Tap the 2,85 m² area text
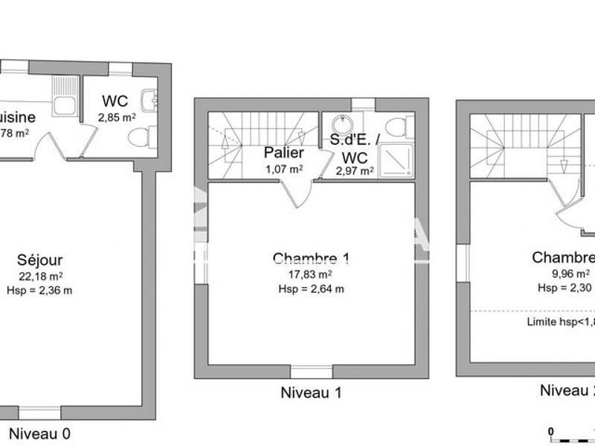click(117, 117)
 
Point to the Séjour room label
click(40, 260)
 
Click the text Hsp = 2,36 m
click(40, 290)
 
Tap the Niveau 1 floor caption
click(311, 392)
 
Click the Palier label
click(283, 153)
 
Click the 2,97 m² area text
click(354, 172)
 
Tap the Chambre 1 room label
click(311, 259)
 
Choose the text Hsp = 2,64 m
click(311, 289)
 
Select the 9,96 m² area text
click(567, 273)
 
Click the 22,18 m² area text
click(40, 276)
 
